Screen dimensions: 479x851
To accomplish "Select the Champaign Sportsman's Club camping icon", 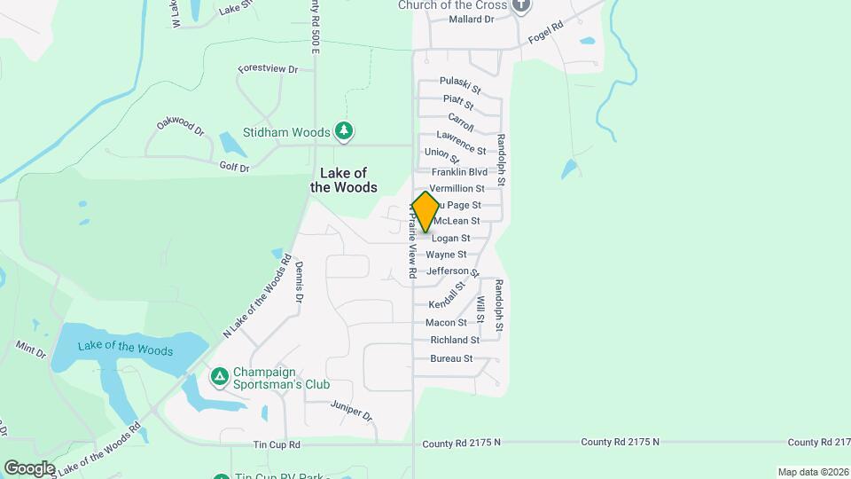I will [219, 378].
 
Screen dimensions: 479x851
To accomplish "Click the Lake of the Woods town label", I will [343, 180].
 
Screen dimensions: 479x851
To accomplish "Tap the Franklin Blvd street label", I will [459, 172].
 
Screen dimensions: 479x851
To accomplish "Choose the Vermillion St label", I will [457, 189].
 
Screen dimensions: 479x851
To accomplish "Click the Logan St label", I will [450, 239].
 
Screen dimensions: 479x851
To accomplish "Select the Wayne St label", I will [446, 255].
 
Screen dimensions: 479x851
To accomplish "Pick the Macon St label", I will [446, 323].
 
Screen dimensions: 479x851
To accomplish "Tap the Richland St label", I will [455, 340].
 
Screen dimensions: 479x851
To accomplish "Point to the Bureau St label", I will [451, 358].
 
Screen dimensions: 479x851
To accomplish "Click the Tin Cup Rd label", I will [277, 444].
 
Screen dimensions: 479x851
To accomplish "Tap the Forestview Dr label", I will [267, 68].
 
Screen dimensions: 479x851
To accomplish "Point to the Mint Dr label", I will [31, 349].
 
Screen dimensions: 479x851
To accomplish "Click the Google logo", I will [29, 468].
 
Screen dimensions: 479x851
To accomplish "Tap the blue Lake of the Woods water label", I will [125, 349].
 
